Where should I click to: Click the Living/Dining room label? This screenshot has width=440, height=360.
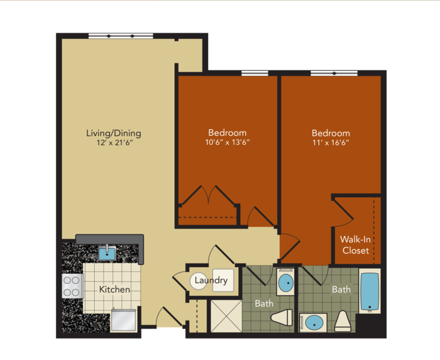(114, 133)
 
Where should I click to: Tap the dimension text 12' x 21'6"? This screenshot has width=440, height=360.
(114, 143)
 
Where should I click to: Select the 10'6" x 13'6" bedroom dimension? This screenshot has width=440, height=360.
(228, 142)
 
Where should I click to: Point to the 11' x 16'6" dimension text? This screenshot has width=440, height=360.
(331, 143)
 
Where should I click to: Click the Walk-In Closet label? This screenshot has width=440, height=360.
(356, 245)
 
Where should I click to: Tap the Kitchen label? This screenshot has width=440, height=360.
(114, 290)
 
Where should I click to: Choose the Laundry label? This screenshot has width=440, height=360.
(211, 280)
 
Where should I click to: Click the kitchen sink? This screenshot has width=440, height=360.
(107, 253)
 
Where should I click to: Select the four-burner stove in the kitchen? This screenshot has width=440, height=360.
(72, 286)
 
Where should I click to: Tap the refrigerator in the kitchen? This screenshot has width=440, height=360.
(123, 320)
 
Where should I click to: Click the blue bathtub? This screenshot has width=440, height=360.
(370, 292)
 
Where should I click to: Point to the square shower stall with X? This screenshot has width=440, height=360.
(226, 316)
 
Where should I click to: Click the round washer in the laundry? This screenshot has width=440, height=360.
(199, 281)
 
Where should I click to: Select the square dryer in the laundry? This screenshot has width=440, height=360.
(223, 280)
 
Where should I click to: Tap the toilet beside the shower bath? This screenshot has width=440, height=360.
(282, 318)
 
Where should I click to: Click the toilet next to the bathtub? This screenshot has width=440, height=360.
(343, 321)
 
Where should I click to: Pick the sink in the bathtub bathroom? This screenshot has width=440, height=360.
(313, 323)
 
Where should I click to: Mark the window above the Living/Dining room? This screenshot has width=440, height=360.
(121, 36)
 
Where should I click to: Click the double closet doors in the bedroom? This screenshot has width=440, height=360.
(208, 195)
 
